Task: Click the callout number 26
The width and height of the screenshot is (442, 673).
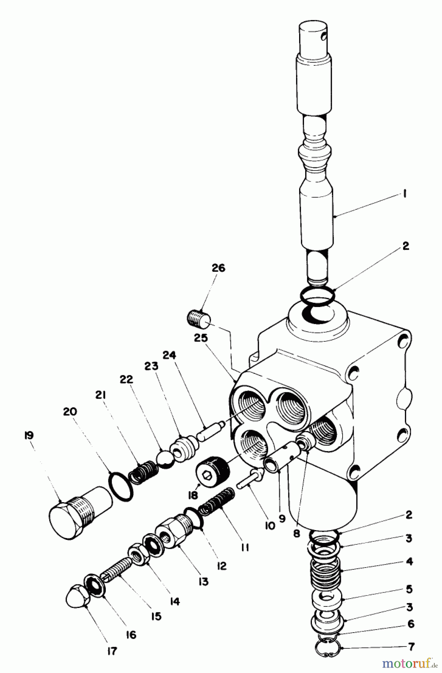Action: pos(218,268)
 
